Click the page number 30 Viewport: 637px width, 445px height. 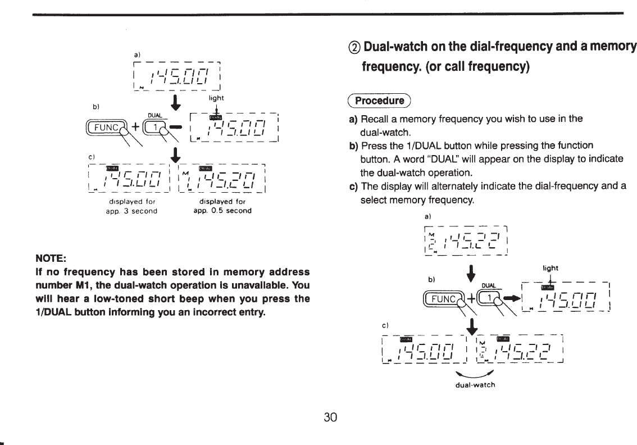click(x=330, y=417)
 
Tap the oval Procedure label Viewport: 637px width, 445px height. click(x=385, y=101)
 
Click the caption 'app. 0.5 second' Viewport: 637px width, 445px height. click(x=221, y=211)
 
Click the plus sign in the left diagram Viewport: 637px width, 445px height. click(x=135, y=128)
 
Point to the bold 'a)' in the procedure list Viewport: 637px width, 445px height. click(x=354, y=120)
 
